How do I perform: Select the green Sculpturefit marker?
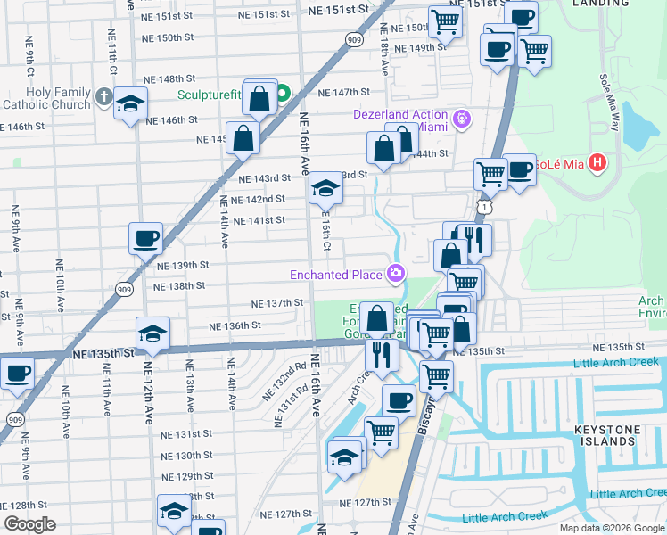(283, 94)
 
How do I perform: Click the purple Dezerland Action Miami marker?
(461, 118)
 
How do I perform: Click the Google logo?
(29, 524)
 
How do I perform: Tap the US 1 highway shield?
(483, 206)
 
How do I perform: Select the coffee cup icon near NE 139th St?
(145, 239)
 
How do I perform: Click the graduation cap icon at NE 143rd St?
(324, 189)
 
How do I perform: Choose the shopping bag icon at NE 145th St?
(243, 139)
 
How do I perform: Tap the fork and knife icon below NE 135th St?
(383, 355)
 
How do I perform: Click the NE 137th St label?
(278, 303)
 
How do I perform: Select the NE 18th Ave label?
(383, 53)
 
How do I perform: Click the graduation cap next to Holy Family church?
(130, 104)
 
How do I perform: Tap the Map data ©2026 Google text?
(611, 528)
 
